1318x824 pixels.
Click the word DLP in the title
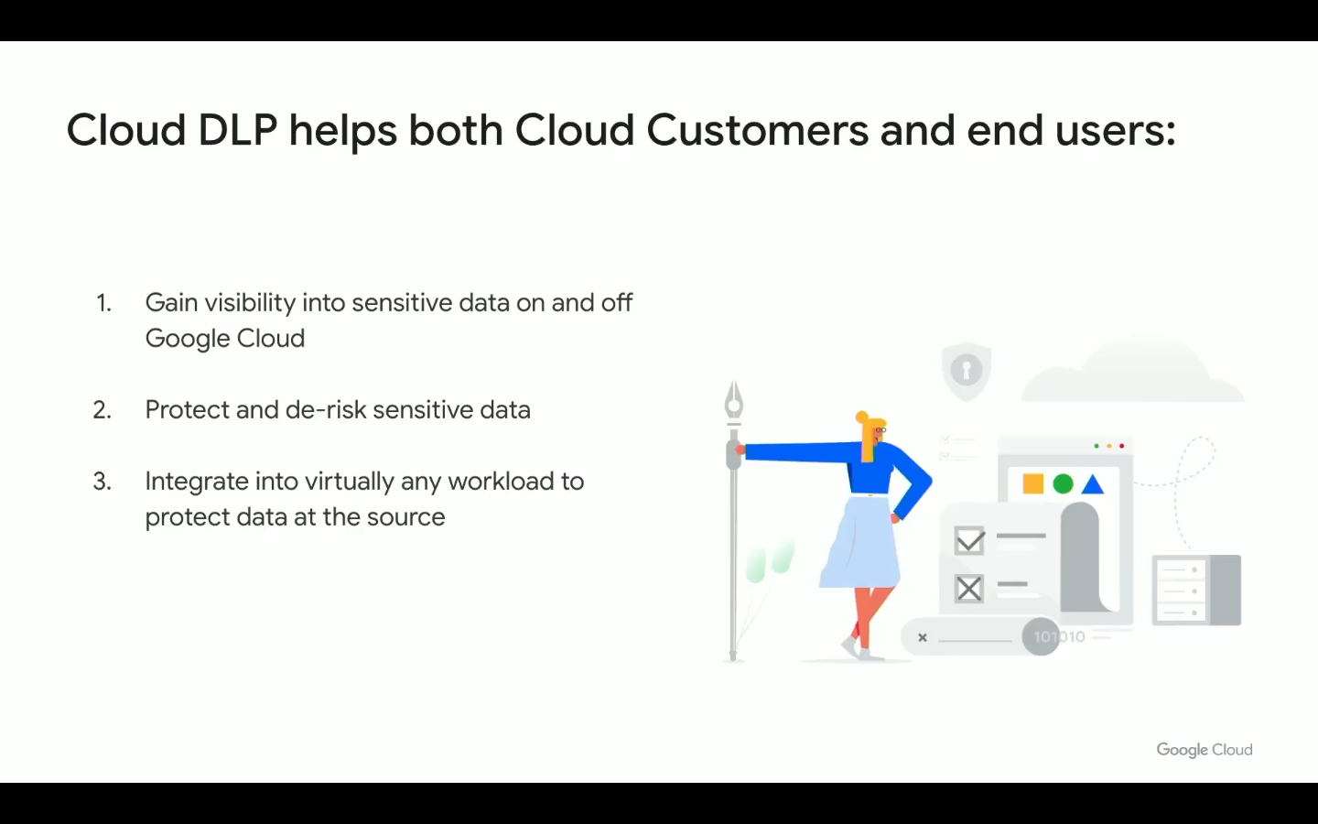click(x=238, y=130)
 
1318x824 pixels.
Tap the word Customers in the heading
click(x=757, y=130)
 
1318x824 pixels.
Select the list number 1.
click(x=104, y=304)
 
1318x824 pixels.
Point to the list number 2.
click(x=103, y=410)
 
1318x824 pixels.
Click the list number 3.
click(x=103, y=482)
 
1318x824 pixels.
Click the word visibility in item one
click(x=250, y=304)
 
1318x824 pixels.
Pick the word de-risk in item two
click(x=325, y=409)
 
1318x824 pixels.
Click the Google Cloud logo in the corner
click(x=1205, y=750)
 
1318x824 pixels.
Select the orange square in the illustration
click(x=1033, y=483)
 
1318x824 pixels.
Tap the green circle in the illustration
click(x=1063, y=483)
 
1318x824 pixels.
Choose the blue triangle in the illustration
click(x=1093, y=483)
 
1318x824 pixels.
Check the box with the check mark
click(x=969, y=540)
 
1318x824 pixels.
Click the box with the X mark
click(x=969, y=589)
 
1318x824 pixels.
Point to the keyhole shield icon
click(x=967, y=371)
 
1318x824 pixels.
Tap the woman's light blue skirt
click(x=860, y=541)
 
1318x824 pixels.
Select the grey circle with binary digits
click(x=1041, y=636)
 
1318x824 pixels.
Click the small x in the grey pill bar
click(x=923, y=637)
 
